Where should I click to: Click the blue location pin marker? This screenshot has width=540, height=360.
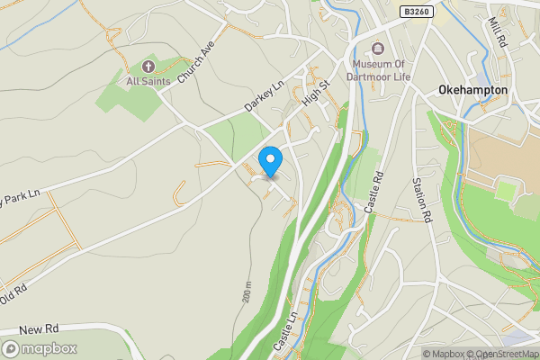tap(270, 161)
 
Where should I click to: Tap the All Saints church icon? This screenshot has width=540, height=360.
tap(148, 66)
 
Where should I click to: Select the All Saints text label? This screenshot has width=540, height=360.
tap(147, 81)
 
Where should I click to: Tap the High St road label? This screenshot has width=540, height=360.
tap(317, 94)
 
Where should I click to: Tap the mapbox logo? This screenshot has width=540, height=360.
tap(40, 348)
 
